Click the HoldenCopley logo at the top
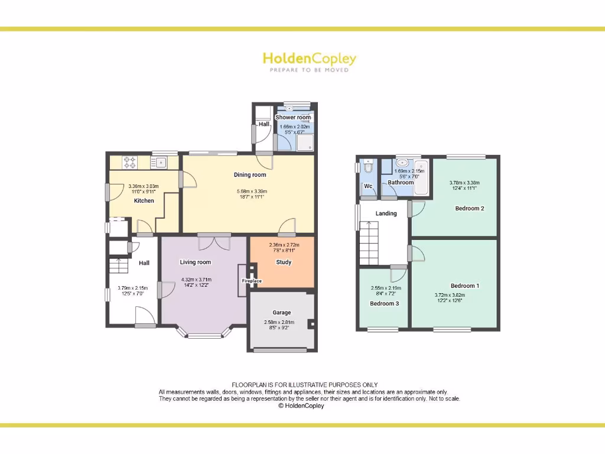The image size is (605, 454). click(309, 59)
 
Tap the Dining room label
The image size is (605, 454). click(250, 175)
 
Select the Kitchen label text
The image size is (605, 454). click(144, 201)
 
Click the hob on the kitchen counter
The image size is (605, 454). click(129, 162)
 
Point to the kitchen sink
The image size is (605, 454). click(160, 162)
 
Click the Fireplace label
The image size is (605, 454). click(251, 281)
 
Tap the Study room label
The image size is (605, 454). click(284, 262)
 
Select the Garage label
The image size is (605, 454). click(282, 313)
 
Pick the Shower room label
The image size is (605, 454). click(293, 118)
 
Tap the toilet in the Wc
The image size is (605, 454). click(369, 168)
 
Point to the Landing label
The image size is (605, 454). click(386, 213)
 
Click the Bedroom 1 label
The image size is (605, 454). click(465, 286)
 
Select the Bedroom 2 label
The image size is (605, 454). click(470, 209)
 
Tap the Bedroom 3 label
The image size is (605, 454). click(384, 304)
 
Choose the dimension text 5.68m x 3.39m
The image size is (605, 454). click(251, 192)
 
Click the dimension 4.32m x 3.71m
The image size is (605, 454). click(196, 280)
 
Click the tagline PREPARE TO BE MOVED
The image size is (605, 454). click(309, 70)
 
